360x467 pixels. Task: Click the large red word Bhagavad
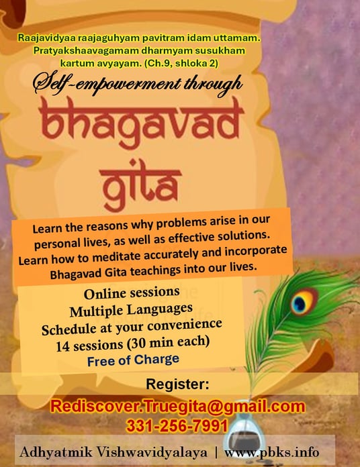[142, 122]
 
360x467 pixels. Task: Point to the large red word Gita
[140, 185]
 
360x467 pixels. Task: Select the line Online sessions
[132, 293]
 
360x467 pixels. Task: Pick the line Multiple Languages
[131, 310]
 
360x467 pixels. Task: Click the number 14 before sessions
[62, 346]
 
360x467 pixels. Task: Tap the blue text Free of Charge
[133, 360]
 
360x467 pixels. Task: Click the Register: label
[177, 384]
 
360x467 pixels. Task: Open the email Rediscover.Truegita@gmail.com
[177, 406]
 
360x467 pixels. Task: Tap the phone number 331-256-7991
[177, 425]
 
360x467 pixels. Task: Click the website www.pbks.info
[272, 452]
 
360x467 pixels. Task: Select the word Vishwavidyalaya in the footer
[152, 452]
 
